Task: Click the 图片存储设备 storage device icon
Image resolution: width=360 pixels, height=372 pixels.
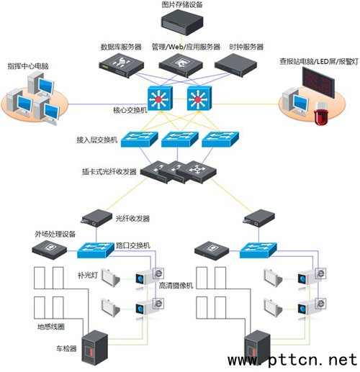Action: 182,22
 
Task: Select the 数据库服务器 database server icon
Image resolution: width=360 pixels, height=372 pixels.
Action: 122,65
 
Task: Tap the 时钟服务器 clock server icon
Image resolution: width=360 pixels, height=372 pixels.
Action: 235,65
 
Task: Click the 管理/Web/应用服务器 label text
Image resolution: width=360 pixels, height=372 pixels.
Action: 186,47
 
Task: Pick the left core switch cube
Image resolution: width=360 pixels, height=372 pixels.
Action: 160,98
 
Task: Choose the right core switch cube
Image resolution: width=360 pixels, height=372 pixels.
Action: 199,98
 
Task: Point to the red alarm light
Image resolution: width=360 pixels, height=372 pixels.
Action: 321,114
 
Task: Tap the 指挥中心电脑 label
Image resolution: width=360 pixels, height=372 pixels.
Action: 28,66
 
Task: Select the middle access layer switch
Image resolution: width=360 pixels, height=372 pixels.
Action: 180,139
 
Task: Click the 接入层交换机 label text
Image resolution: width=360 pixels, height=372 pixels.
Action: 97,140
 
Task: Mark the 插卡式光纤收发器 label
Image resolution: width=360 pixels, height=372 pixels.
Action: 109,172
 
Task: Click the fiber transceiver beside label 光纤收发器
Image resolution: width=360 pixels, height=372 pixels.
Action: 97,218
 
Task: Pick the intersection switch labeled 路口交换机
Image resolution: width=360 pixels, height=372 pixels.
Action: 96,250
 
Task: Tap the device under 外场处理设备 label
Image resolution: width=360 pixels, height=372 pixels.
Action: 50,250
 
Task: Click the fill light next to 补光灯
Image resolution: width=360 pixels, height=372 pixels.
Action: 110,278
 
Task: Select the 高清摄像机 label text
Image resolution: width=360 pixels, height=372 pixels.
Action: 176,285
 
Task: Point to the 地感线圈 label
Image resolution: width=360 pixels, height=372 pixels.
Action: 51,327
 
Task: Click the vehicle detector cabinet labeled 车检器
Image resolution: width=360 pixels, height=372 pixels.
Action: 95,348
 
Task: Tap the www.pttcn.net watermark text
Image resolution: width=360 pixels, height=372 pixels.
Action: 292,360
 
